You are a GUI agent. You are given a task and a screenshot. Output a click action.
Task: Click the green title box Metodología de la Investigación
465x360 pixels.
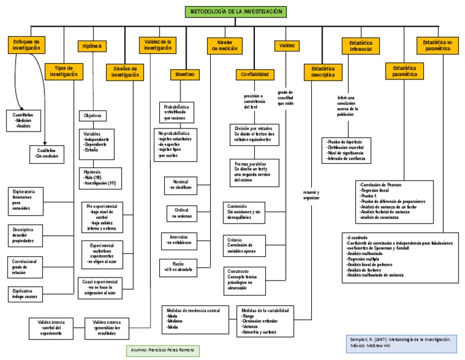click(237, 12)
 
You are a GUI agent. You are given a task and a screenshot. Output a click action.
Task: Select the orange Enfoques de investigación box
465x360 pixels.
click(27, 44)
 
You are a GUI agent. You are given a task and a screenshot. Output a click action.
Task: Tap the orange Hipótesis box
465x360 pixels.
click(91, 46)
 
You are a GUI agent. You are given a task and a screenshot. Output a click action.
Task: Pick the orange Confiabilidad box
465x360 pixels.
click(254, 74)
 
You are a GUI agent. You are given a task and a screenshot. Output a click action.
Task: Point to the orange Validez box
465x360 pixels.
click(286, 46)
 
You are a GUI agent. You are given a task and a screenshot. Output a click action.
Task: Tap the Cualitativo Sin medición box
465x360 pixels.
click(47, 153)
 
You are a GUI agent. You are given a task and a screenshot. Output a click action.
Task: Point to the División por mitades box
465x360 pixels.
click(255, 134)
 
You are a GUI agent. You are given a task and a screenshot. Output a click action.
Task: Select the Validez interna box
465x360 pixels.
click(51, 328)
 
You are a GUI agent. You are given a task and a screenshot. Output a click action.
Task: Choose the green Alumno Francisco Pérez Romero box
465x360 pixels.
click(162, 350)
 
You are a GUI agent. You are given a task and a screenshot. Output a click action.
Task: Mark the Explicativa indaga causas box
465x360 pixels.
click(28, 295)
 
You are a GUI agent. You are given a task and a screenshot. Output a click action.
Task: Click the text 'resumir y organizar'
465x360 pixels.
click(311, 195)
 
